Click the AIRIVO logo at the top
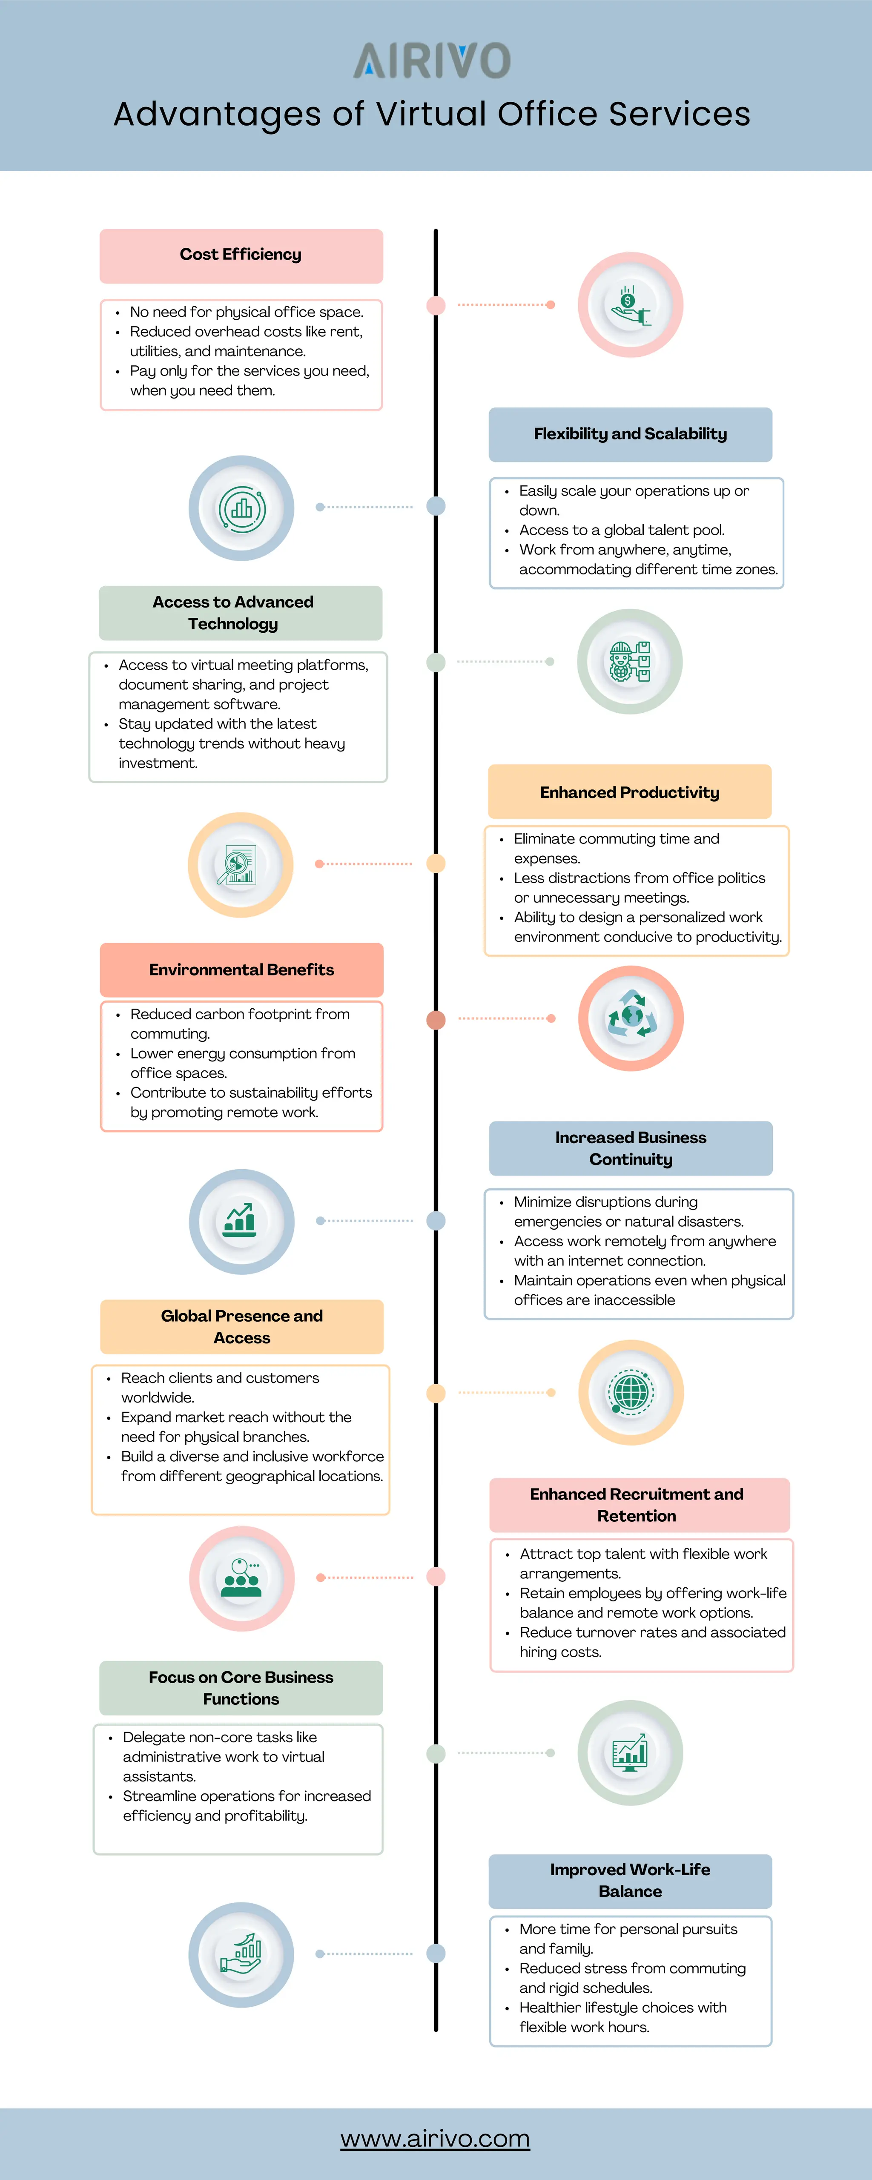tap(432, 61)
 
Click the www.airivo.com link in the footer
tap(435, 2139)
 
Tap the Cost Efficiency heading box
tap(241, 255)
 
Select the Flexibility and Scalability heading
tap(630, 434)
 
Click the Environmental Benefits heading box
tap(241, 970)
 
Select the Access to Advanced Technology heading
tap(233, 613)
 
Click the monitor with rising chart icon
tap(630, 1753)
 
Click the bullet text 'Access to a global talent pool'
tap(621, 530)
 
